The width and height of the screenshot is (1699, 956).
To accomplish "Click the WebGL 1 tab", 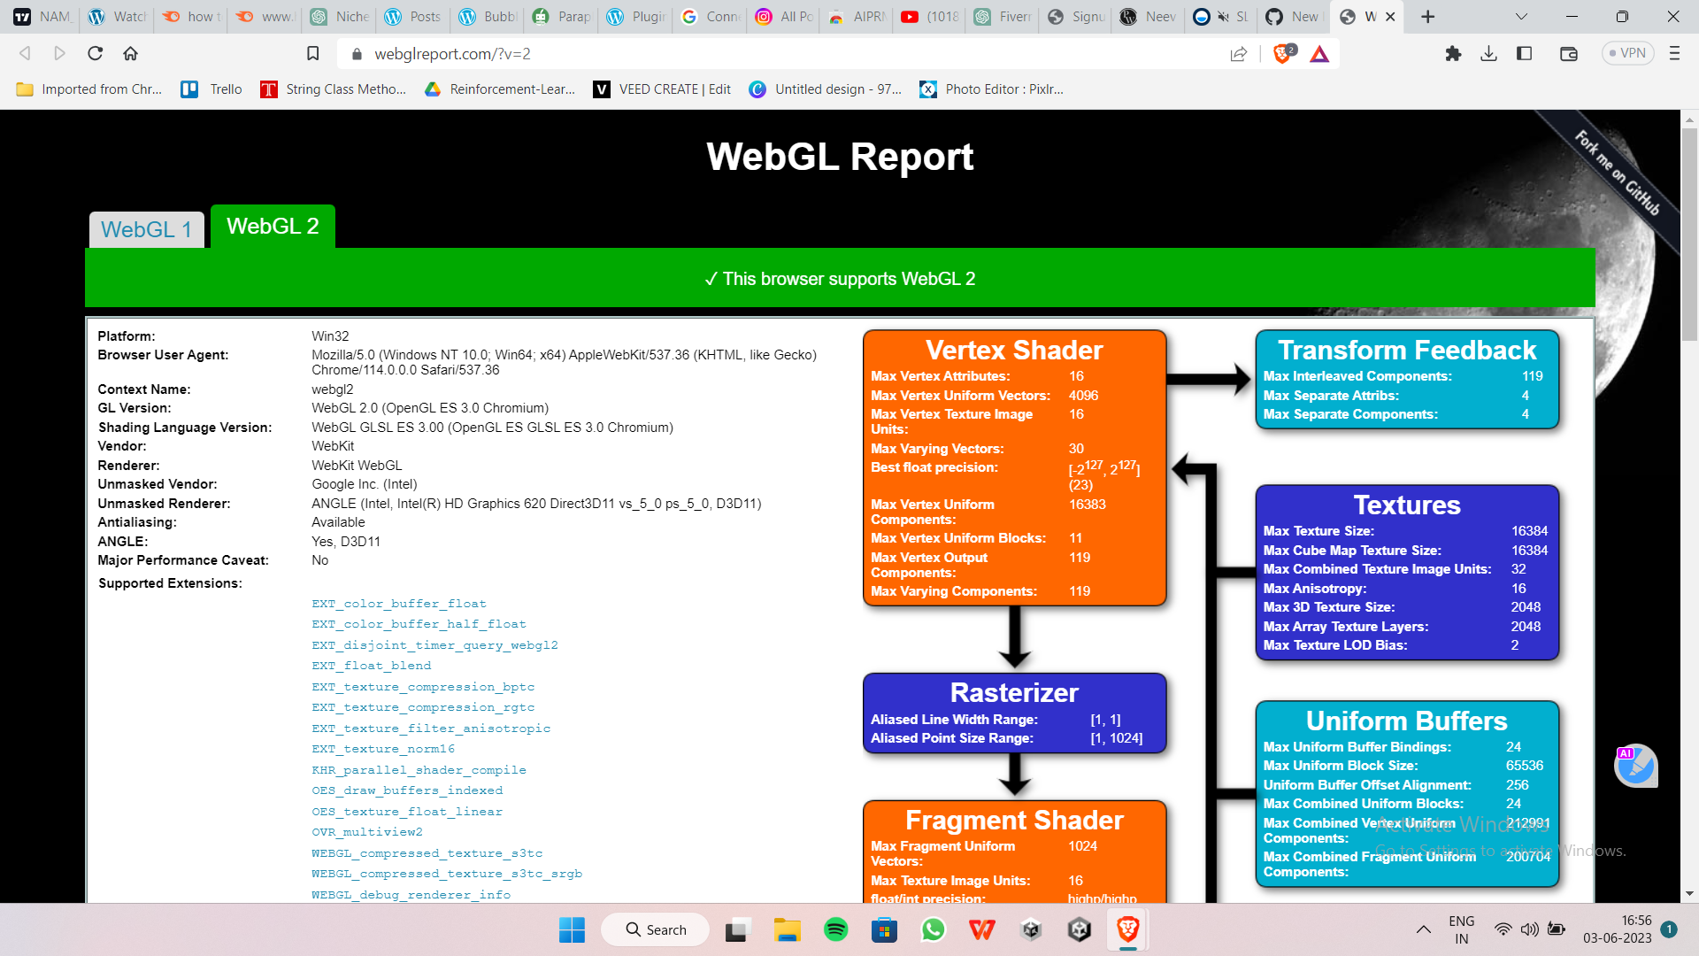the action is click(146, 229).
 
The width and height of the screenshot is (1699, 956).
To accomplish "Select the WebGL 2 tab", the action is click(273, 227).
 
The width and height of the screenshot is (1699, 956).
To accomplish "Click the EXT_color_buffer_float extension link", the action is click(398, 604).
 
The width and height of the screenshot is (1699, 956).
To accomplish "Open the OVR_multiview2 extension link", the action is click(366, 832).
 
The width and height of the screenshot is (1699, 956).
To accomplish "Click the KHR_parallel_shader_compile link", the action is click(419, 770).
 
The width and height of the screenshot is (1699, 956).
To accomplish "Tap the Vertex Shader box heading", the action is click(1014, 350).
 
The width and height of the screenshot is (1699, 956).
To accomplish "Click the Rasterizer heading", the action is click(1014, 692).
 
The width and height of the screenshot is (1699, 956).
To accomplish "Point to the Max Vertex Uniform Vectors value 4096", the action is click(1083, 396).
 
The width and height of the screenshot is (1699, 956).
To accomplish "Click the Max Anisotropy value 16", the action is click(1518, 589).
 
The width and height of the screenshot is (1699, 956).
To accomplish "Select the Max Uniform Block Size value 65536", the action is click(1524, 766).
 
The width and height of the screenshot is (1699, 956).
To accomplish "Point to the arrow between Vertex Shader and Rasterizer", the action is click(1014, 637).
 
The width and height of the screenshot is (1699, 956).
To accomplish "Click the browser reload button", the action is click(96, 54).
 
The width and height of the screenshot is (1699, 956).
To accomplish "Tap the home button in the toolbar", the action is click(130, 54).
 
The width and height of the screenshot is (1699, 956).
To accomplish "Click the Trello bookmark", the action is click(211, 89).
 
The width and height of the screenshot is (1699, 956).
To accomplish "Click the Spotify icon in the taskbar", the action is click(835, 929).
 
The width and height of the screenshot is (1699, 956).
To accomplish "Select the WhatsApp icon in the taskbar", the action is click(933, 929).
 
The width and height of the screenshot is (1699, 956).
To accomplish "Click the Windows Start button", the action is click(572, 929).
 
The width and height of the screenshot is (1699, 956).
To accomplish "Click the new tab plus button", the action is click(1427, 17).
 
